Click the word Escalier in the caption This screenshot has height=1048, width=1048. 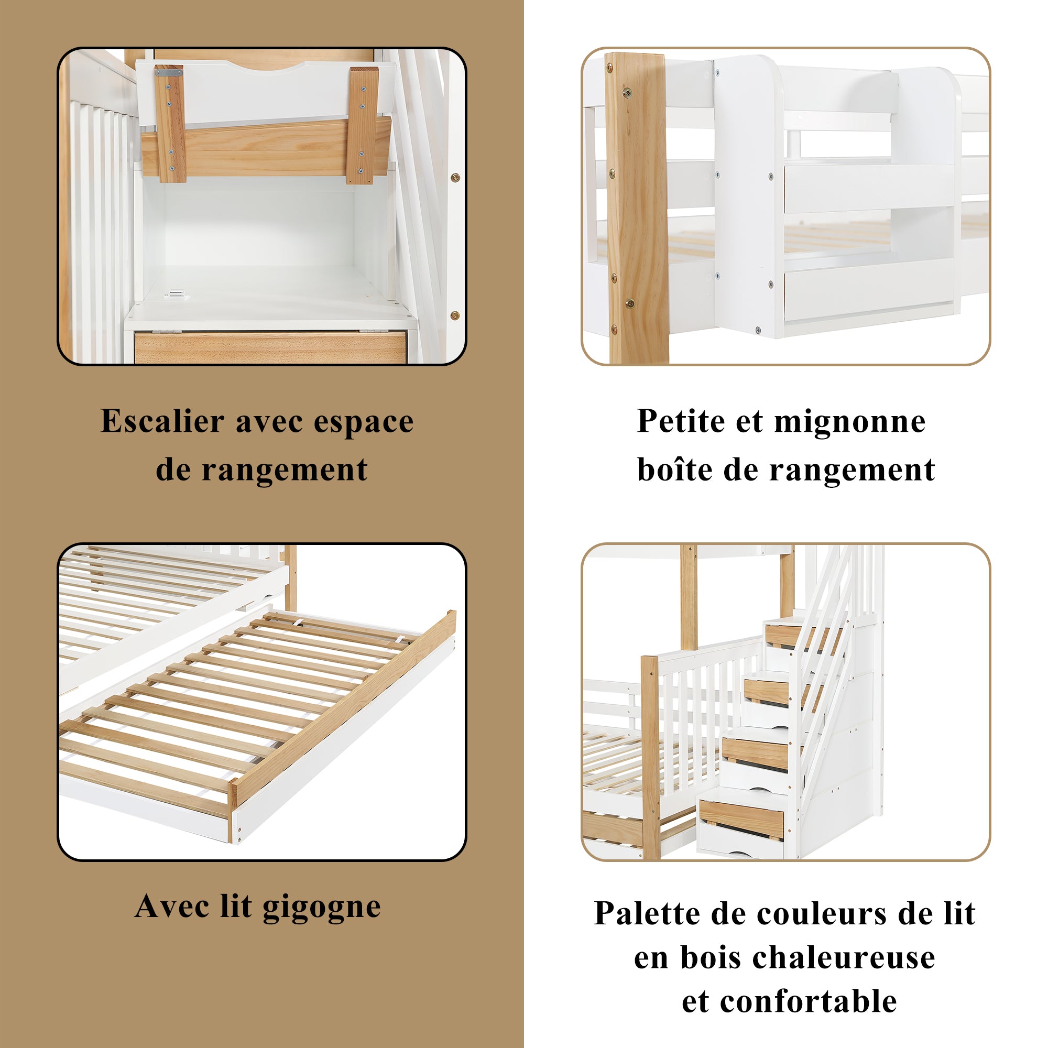click(162, 421)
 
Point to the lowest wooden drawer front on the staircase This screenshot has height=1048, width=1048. click(741, 820)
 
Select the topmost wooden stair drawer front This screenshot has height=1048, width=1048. click(784, 635)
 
